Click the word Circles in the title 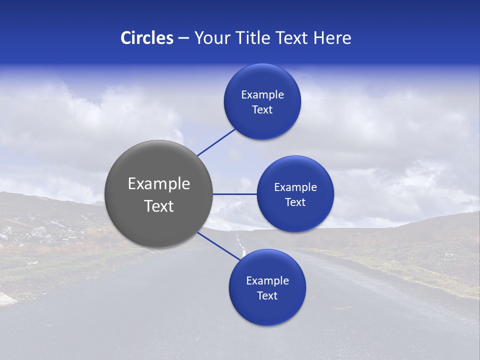point(146,38)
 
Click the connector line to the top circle point(216,142)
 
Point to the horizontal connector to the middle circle point(235,194)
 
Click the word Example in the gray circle point(159,184)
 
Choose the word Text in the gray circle point(159,206)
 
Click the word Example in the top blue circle point(262,95)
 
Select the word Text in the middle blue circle point(295,202)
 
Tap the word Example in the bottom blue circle point(267,281)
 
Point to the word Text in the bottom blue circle point(267,296)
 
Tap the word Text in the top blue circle point(262,110)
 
